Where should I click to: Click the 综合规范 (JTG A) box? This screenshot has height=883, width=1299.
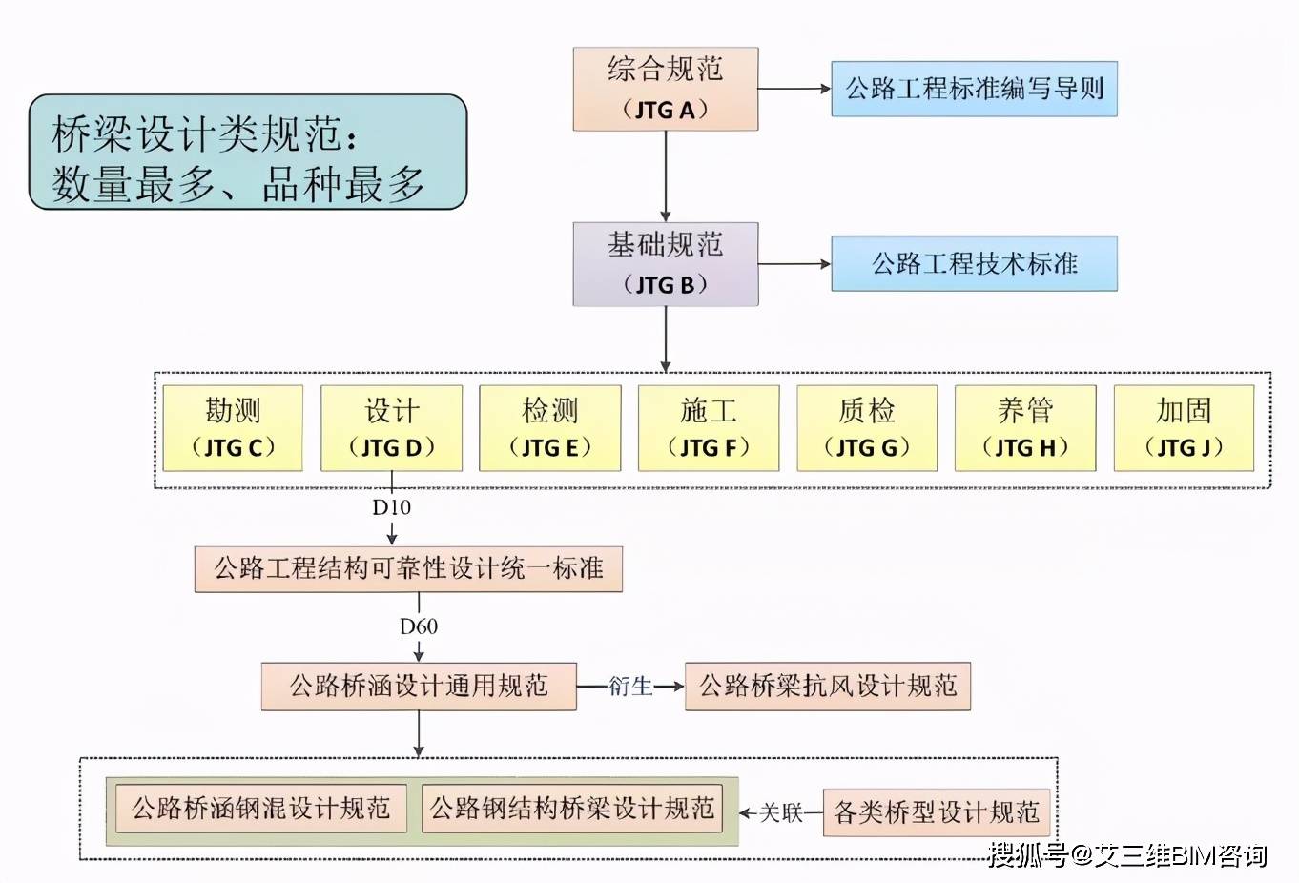[665, 89]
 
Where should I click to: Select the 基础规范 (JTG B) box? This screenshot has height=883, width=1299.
[665, 264]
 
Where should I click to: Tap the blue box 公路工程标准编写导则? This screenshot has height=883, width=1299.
[975, 89]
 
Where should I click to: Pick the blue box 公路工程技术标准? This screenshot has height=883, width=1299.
[975, 263]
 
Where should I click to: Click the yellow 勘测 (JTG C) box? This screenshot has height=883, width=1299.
[233, 428]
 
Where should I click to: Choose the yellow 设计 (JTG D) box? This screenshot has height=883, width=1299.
[391, 428]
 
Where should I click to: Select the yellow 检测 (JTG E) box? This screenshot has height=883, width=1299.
[549, 428]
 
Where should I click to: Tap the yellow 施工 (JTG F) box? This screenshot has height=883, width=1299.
[709, 428]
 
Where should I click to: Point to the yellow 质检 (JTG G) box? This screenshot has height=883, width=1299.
[867, 428]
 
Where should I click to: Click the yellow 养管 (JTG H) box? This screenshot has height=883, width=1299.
[1025, 428]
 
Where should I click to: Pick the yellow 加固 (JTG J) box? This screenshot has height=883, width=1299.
[1184, 428]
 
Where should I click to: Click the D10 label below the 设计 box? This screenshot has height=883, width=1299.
[391, 507]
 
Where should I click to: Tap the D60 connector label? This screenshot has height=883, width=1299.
[419, 626]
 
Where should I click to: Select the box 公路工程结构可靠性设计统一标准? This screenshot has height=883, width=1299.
[408, 568]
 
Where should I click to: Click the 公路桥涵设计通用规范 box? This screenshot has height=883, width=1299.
[419, 687]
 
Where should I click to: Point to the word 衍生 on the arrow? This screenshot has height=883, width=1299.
[630, 687]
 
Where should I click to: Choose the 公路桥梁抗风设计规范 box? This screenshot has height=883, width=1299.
[828, 687]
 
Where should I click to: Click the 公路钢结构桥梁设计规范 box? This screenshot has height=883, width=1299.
[572, 809]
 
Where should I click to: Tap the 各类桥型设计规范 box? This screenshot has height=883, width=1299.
[936, 812]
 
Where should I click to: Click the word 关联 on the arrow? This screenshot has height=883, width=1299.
[780, 812]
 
